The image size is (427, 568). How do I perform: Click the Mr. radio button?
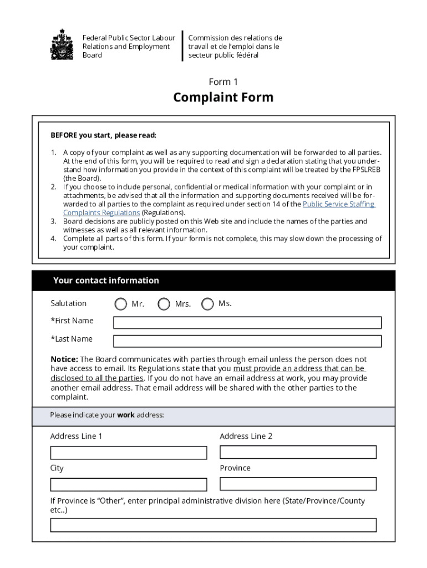point(120,304)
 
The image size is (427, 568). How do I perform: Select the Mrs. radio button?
point(164,304)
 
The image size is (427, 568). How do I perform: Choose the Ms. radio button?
point(207,304)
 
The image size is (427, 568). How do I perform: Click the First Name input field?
point(247,322)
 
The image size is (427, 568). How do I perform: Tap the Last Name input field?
point(247,341)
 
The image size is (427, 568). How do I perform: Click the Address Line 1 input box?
point(129,453)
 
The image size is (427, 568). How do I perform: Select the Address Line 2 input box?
point(298,452)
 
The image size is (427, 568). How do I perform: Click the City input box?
point(129,484)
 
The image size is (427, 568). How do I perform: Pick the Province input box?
point(298,484)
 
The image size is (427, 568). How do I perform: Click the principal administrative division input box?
point(213,525)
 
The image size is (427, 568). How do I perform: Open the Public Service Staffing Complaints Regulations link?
point(339,204)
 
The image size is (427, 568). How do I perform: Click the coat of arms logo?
point(62,45)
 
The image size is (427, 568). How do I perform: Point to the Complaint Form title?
point(223,98)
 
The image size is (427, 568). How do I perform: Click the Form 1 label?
point(223,82)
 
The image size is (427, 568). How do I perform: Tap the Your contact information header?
point(106,281)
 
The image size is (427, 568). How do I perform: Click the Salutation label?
point(69,303)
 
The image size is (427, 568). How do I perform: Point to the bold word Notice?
point(64,359)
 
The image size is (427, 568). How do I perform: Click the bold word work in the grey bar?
point(126,415)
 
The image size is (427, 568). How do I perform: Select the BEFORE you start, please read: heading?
point(104,135)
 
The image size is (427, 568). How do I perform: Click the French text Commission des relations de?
point(235,38)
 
